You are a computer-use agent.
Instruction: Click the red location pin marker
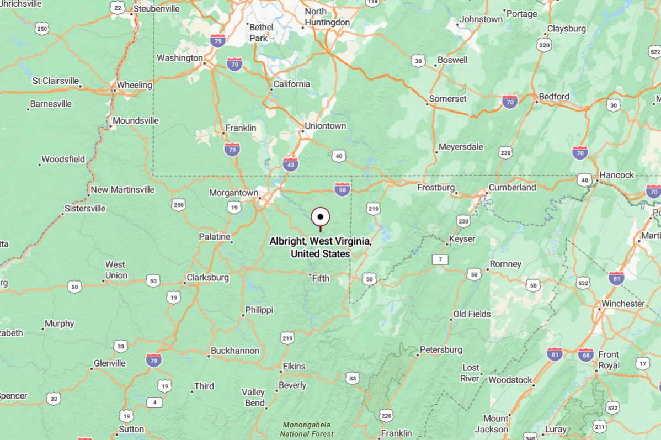coord(320,218)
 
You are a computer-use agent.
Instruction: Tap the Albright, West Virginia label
coord(320,247)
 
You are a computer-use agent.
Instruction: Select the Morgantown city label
coord(233,193)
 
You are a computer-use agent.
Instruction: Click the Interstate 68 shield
coord(342,189)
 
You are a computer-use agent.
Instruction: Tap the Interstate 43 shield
coord(290,163)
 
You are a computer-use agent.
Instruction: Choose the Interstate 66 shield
coord(586,354)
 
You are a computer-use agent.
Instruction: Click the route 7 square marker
coord(440,259)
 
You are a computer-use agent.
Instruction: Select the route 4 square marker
coord(154,402)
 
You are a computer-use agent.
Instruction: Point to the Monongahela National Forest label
coord(307,429)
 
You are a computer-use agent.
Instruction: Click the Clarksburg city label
coord(208,277)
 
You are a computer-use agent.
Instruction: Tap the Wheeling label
coord(134,85)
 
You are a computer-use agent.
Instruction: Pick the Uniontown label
coord(326,126)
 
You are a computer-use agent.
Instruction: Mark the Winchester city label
coord(623,304)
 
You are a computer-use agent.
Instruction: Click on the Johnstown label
coord(482,19)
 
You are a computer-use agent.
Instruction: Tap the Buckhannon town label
coord(235,351)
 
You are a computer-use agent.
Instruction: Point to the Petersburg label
coord(441,349)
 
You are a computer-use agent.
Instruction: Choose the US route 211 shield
coord(600,426)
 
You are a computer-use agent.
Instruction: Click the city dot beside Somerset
coord(427,104)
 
